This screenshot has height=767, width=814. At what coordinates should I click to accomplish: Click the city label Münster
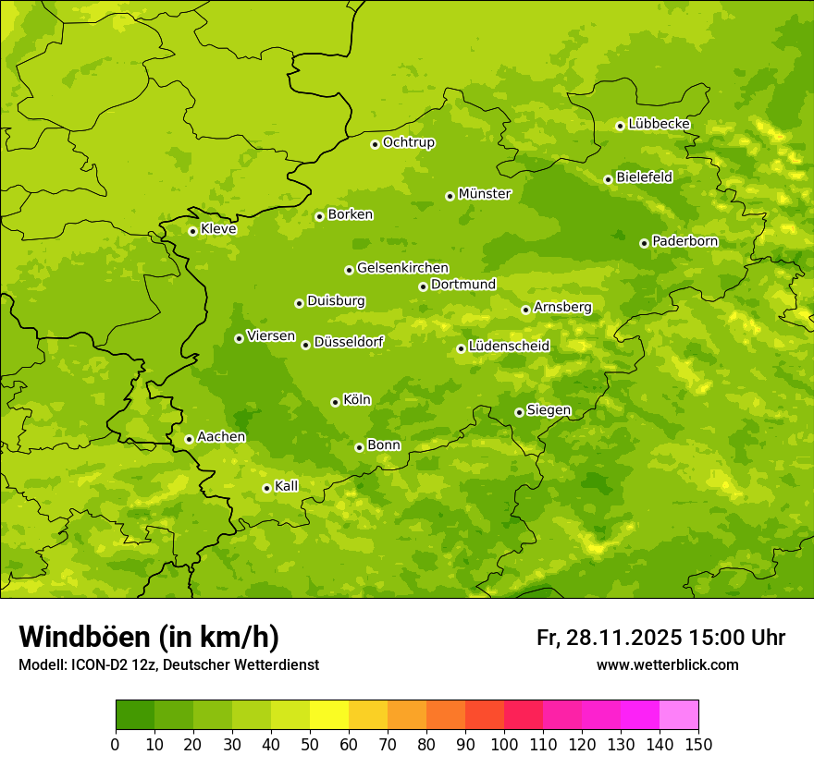tap(484, 194)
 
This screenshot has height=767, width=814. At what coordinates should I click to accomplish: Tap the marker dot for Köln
tap(335, 402)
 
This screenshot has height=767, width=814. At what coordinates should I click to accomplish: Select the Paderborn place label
tap(684, 241)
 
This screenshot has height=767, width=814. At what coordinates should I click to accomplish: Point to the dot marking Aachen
tap(189, 439)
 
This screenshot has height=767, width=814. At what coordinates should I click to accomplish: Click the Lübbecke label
tap(659, 124)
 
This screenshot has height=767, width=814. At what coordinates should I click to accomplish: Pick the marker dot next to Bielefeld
tap(608, 179)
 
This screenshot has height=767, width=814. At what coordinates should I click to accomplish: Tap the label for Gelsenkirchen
tap(402, 268)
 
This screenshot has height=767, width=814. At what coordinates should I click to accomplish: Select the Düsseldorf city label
tap(348, 342)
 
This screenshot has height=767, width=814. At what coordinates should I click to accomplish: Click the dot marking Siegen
tap(519, 412)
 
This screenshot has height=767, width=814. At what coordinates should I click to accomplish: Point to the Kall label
tap(286, 486)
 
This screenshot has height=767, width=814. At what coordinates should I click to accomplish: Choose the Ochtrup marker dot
tap(375, 144)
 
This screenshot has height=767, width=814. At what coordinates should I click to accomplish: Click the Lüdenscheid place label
tap(509, 347)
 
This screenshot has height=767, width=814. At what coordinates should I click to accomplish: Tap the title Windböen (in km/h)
tap(148, 637)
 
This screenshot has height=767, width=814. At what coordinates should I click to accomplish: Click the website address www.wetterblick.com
tap(667, 665)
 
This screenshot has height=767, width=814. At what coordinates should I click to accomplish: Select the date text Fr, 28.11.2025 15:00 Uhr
tap(660, 638)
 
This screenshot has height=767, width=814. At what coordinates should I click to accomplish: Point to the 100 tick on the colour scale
tap(504, 744)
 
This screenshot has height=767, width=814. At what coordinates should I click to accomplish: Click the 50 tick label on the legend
tap(310, 744)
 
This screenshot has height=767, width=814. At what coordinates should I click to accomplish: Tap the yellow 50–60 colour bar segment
tap(329, 715)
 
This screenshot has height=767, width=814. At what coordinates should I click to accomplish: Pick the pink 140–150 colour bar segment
tap(679, 715)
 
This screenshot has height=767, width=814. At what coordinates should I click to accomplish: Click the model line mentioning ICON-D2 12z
tap(168, 665)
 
